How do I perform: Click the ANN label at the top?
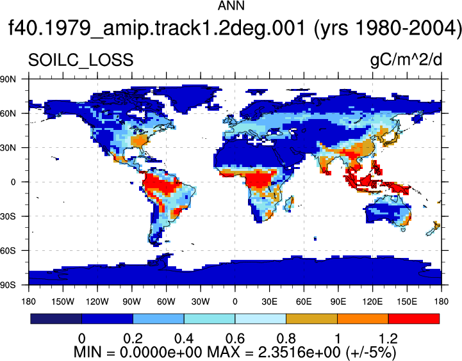[x=231, y=6]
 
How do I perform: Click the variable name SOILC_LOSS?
[x=81, y=61]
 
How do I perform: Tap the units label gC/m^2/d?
[x=406, y=60]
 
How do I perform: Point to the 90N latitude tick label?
[x=8, y=79]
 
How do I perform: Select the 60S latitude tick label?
[x=8, y=251]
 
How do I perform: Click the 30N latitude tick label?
[x=8, y=148]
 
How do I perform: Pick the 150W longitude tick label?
[x=63, y=301]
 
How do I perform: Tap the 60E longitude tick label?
[x=304, y=301]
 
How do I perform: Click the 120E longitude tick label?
[x=372, y=301]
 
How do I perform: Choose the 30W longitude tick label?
[x=201, y=301]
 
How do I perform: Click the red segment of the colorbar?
[x=414, y=319]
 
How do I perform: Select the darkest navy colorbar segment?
[x=56, y=319]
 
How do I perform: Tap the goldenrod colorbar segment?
[x=311, y=319]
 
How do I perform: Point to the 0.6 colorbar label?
[x=235, y=339]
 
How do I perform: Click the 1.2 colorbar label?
[x=388, y=339]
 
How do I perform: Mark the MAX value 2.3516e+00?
[x=299, y=352]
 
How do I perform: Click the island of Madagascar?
[x=289, y=204]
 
